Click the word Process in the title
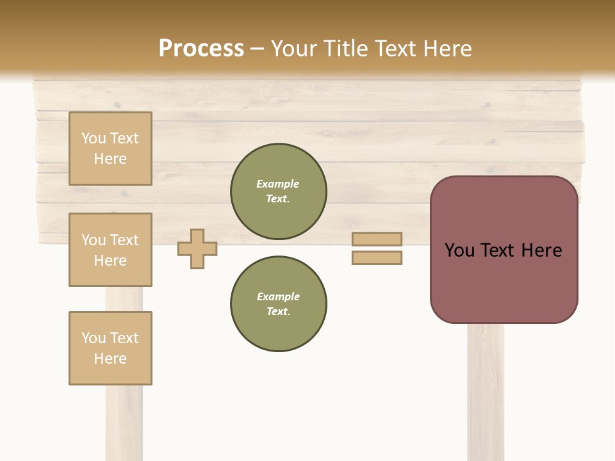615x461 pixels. pos(201,49)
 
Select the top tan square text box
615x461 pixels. pos(110,149)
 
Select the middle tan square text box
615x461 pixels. pos(110,250)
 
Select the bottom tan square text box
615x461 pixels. pos(110,348)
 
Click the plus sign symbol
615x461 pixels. pos(197,248)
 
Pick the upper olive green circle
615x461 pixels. pos(279,191)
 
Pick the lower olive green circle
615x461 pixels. pos(279,304)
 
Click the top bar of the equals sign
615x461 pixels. pos(377,239)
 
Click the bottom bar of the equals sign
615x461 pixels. pos(377,258)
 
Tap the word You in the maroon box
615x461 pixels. pos(459,250)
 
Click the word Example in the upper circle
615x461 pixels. pos(278,184)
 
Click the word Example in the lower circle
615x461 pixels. pos(278,296)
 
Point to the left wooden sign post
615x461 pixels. pos(124,423)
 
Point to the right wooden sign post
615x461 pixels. pos(486,397)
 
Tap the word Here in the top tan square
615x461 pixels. pos(110,159)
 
